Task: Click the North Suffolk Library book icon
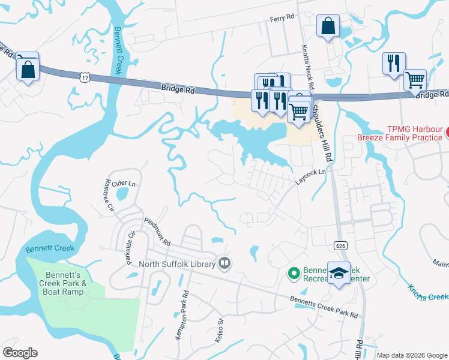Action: (x=224, y=263)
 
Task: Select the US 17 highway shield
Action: (x=85, y=76)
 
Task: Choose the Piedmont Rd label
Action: (x=158, y=232)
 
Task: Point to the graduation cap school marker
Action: (x=339, y=273)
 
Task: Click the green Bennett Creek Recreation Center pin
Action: (x=294, y=274)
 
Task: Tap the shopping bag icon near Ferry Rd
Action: (x=328, y=26)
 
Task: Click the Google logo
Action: (x=20, y=353)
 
